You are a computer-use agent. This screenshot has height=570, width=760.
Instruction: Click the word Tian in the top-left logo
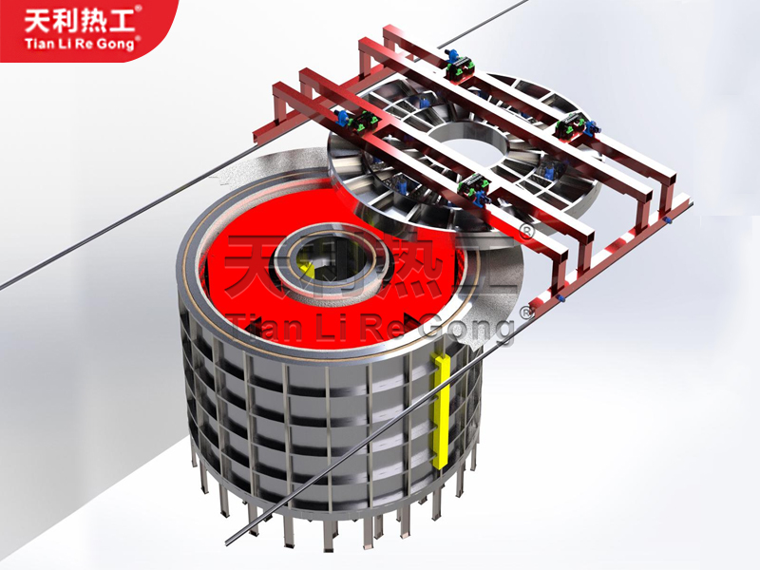click(x=42, y=44)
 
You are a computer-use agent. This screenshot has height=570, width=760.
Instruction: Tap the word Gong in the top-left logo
click(x=114, y=45)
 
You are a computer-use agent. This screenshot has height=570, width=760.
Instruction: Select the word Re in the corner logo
click(x=85, y=44)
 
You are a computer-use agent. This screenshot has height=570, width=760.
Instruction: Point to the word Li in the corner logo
click(x=67, y=44)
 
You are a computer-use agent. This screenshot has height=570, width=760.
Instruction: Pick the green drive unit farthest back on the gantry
click(x=459, y=66)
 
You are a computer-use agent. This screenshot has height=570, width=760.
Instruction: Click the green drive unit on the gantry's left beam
click(x=360, y=122)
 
